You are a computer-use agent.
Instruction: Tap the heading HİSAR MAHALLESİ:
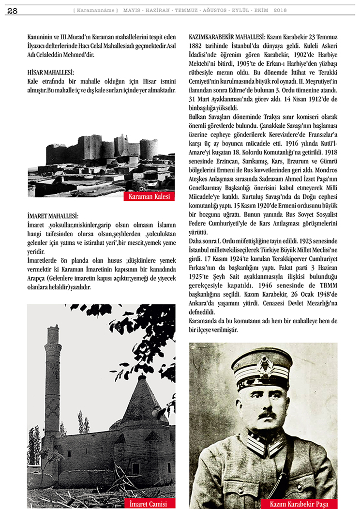(x=51, y=72)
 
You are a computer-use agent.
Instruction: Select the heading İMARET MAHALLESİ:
(x=53, y=216)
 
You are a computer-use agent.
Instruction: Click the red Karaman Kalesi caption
(x=150, y=197)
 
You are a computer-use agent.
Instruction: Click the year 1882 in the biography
(x=197, y=46)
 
